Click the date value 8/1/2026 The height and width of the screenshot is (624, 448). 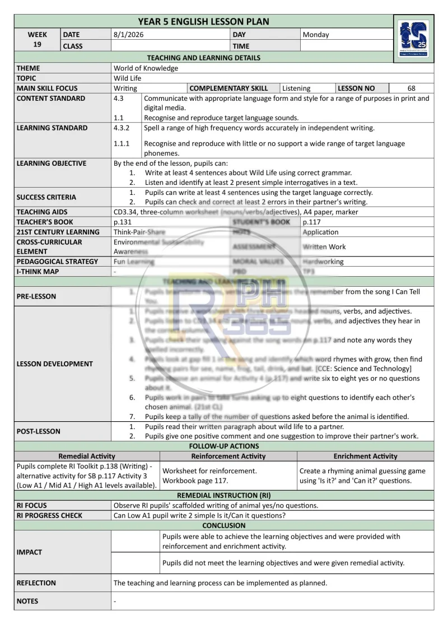point(127,35)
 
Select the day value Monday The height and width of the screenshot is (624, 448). point(316,35)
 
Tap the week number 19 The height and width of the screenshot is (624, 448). point(37,45)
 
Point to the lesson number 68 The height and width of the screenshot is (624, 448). point(412,89)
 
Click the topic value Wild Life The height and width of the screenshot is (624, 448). point(128,78)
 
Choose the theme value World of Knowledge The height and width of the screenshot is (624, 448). point(146,68)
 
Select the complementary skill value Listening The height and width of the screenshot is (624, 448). point(296,89)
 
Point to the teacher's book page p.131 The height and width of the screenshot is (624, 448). point(123,222)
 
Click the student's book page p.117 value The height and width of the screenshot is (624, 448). point(312,222)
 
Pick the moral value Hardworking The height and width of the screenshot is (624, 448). point(323,262)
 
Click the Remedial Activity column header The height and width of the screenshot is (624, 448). point(87,457)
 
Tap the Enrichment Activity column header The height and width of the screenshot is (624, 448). point(365,457)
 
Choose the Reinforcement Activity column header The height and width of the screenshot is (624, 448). point(228,457)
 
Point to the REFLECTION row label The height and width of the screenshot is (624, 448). point(36,583)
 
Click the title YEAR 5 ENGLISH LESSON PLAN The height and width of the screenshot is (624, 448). point(203,22)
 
